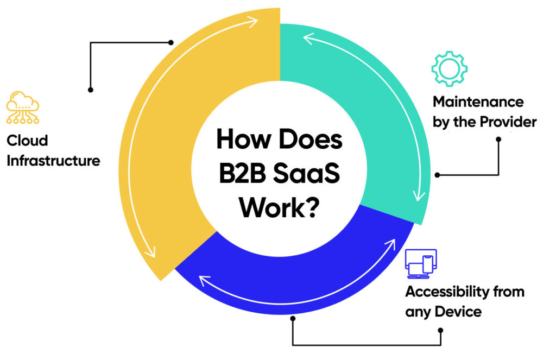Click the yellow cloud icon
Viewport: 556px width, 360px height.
23,108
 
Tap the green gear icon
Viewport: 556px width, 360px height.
449,70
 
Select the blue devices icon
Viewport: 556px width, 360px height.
421,264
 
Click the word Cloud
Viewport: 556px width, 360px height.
27,141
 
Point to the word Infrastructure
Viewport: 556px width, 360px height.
53,161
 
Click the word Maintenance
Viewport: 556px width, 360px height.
478,102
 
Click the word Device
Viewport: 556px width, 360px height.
459,312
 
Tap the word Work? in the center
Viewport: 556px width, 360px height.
278,207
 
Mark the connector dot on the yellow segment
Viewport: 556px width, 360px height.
171,42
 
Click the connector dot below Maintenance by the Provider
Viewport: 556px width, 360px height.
498,139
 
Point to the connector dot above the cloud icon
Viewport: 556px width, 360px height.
91,89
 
